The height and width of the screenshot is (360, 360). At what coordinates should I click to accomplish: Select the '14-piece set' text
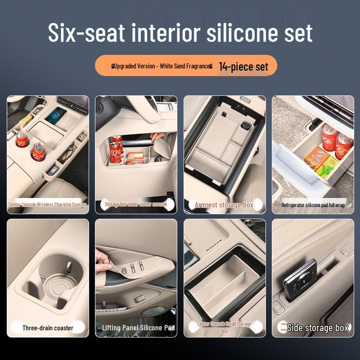pos(243,67)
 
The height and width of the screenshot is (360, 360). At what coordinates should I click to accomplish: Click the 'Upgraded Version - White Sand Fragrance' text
pos(162,66)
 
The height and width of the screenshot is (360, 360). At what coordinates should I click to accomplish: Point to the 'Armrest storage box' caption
pos(224,205)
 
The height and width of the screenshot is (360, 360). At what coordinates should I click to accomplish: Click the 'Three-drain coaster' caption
pos(48,328)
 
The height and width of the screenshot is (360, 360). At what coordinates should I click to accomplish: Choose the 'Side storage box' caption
pos(318,328)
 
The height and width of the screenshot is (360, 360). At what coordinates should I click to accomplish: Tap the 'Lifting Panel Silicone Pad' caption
pos(138,328)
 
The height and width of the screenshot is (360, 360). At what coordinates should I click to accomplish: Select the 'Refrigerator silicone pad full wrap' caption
pos(313,205)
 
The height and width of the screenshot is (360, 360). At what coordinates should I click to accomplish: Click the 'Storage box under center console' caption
pos(135,204)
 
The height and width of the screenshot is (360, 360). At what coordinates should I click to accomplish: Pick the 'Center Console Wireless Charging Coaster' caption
pos(47,205)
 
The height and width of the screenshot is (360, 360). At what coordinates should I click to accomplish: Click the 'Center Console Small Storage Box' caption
pos(224,327)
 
